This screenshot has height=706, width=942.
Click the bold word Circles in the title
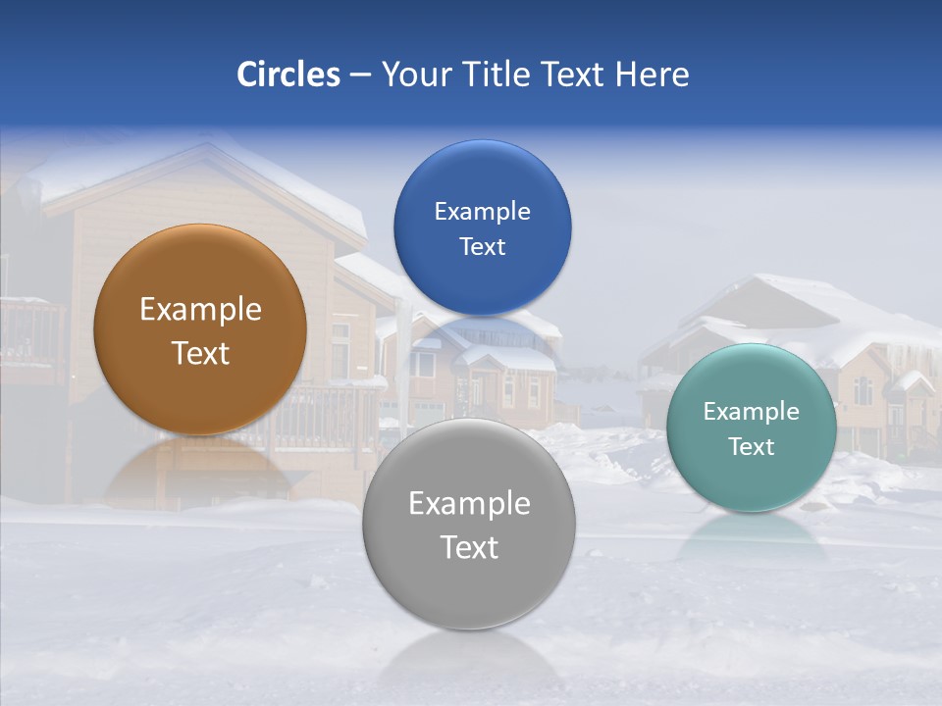coord(288,75)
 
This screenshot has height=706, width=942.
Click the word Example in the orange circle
coord(200,310)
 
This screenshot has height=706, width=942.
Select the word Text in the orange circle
coord(200,353)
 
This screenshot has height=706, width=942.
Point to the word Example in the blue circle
coord(482,212)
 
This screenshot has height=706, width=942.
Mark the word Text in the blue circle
coord(482,247)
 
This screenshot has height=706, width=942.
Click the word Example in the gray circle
coord(468,504)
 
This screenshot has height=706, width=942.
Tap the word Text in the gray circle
coord(468,547)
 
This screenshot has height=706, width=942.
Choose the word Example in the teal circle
coord(751,412)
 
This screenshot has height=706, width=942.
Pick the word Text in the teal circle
coord(751,447)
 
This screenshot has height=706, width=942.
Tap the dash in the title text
coord(359,76)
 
